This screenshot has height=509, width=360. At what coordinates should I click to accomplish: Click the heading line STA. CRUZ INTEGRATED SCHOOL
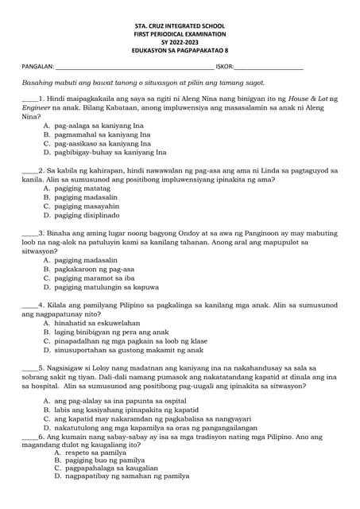(x=180, y=28)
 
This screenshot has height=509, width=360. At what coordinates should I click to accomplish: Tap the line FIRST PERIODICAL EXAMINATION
(x=180, y=37)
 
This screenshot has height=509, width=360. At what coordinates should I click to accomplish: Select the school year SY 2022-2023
(x=180, y=45)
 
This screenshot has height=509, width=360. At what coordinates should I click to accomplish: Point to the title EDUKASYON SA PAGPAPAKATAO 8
(x=180, y=54)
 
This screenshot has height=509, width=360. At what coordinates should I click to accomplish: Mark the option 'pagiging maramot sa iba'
(x=94, y=278)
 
